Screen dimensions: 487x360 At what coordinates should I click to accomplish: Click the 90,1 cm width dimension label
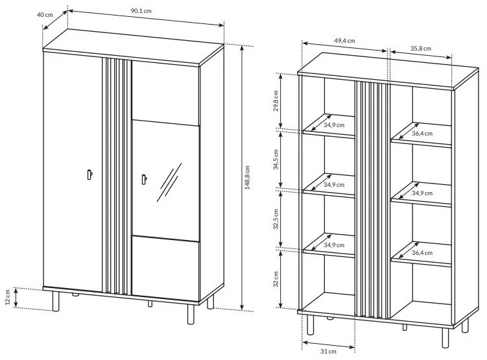(x=141, y=10)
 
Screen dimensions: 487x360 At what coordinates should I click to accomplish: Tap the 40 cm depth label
(x=45, y=15)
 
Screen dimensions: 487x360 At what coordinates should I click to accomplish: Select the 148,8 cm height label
(x=247, y=178)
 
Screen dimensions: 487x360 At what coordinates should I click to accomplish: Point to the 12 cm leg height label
(x=8, y=297)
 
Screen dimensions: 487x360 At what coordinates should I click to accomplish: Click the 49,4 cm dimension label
(x=345, y=41)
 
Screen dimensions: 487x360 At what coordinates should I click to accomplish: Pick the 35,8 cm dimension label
(x=421, y=49)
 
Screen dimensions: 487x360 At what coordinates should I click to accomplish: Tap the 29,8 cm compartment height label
(x=276, y=101)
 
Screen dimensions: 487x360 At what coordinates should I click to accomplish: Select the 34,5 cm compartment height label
(x=276, y=160)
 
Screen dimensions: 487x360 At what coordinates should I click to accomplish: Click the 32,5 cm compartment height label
(x=276, y=219)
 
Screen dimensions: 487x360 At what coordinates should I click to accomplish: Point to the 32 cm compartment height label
(x=276, y=279)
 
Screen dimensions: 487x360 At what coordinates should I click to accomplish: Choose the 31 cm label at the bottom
(x=328, y=352)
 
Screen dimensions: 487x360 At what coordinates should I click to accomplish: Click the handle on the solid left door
(x=89, y=174)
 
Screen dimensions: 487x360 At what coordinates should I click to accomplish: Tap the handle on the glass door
(x=145, y=179)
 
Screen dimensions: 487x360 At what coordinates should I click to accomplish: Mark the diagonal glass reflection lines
(x=169, y=182)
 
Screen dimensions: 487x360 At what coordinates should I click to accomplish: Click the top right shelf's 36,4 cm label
(x=422, y=134)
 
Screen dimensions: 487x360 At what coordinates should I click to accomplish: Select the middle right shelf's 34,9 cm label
(x=422, y=193)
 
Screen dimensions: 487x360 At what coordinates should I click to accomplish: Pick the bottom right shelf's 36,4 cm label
(x=422, y=253)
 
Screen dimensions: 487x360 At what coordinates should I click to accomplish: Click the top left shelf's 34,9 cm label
(x=334, y=125)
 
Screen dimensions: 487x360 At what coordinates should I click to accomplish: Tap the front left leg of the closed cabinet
(x=56, y=301)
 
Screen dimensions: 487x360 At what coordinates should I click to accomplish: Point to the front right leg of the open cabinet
(x=445, y=338)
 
